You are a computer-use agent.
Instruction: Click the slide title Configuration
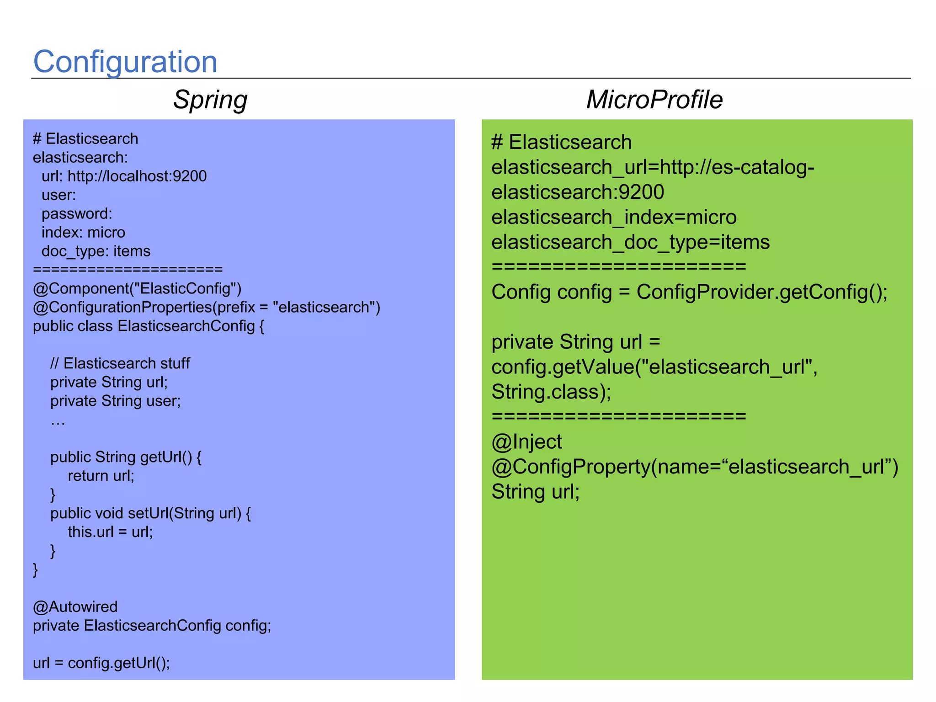coord(125,62)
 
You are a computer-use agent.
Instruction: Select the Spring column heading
coord(210,100)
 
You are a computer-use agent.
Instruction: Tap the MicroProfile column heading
coord(654,100)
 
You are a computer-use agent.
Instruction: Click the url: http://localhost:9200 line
coord(124,176)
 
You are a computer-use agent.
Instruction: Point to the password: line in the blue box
coord(77,214)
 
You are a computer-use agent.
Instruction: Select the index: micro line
coord(83,233)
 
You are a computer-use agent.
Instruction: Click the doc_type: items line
coord(96,251)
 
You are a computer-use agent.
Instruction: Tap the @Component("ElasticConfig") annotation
coord(137,289)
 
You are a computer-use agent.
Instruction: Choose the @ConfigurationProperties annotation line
coord(206,308)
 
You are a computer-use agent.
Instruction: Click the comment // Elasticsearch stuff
coord(120,363)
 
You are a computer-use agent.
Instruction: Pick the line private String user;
coord(115,401)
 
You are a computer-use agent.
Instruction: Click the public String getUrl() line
coord(126,457)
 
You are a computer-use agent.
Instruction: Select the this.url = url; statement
coord(110,532)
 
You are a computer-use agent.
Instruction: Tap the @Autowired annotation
coord(75,607)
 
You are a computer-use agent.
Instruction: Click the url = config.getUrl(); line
coord(101,663)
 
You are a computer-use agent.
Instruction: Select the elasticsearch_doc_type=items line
coord(630,242)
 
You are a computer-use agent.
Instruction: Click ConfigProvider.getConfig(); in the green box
coord(762,292)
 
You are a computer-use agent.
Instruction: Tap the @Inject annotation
coord(526,442)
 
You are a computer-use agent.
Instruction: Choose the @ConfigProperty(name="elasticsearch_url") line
coord(695,467)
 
